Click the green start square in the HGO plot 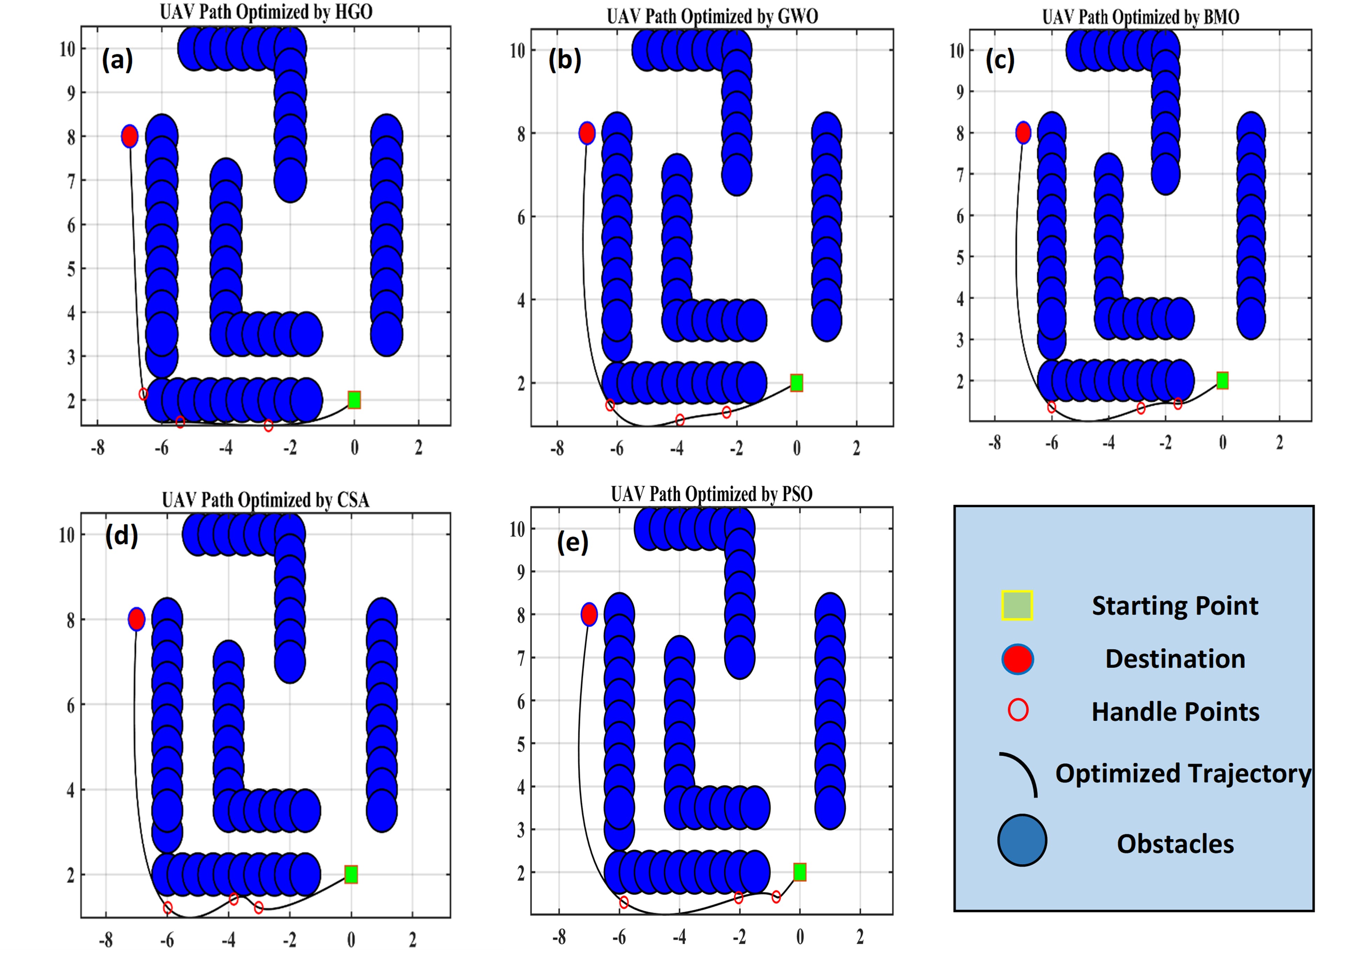(x=354, y=400)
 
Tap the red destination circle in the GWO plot (x=587, y=133)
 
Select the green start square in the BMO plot (x=1222, y=380)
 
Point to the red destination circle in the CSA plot (x=137, y=619)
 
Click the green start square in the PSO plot (x=800, y=872)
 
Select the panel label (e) (x=573, y=542)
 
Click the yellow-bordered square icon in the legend (x=1017, y=605)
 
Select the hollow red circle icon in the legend (x=1018, y=710)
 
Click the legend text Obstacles (x=1175, y=844)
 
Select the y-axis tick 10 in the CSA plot (x=66, y=535)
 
